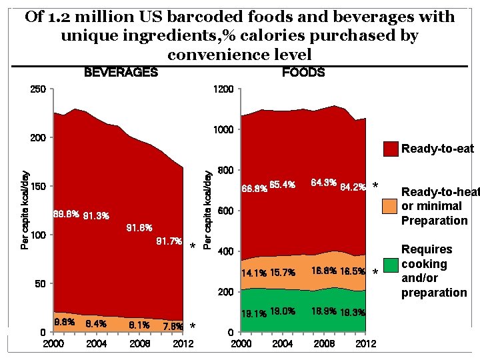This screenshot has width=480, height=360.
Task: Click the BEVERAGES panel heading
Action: [121, 72]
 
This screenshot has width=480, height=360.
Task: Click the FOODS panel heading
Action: [303, 72]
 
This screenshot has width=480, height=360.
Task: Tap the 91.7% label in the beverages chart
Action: [169, 241]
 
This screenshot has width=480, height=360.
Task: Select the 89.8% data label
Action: [66, 215]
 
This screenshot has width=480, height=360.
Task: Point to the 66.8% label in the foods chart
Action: [254, 187]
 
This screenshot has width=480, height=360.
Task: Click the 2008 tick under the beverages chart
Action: [140, 343]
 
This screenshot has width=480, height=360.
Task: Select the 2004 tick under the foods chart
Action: [283, 343]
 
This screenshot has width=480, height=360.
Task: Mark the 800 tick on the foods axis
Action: [225, 171]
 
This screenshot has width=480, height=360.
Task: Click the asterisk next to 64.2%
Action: [375, 186]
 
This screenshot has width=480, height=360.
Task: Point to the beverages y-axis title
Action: [25, 209]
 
